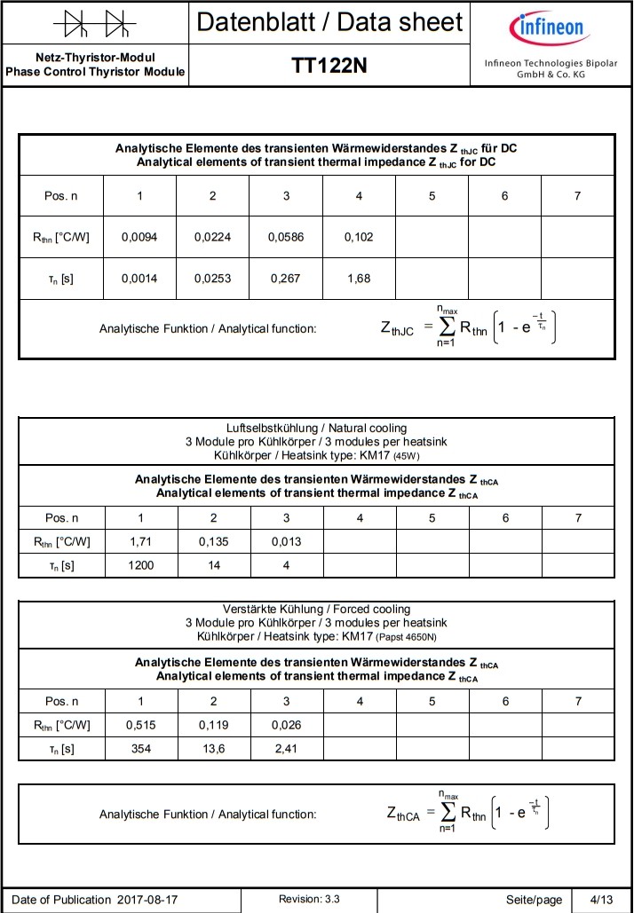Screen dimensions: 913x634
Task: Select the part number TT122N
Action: (x=329, y=66)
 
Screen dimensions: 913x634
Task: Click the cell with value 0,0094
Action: (x=139, y=237)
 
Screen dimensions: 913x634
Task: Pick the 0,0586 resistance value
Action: (x=286, y=237)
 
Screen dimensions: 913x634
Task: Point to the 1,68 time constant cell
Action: (x=359, y=279)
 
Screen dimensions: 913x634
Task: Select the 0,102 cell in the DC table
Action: (x=359, y=237)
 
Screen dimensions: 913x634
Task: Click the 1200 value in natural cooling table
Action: (x=140, y=564)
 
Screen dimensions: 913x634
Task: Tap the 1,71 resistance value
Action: (x=140, y=541)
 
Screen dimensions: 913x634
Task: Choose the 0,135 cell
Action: (x=213, y=541)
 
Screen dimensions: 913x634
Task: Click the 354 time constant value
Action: (x=140, y=748)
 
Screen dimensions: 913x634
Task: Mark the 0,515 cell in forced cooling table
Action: (x=140, y=725)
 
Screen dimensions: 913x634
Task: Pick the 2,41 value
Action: (x=286, y=748)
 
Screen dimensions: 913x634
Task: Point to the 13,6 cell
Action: (x=213, y=748)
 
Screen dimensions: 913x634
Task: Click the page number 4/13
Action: (x=600, y=900)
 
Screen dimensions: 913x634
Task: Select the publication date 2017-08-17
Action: (x=147, y=900)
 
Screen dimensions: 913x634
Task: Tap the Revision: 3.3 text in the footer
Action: (x=309, y=899)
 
